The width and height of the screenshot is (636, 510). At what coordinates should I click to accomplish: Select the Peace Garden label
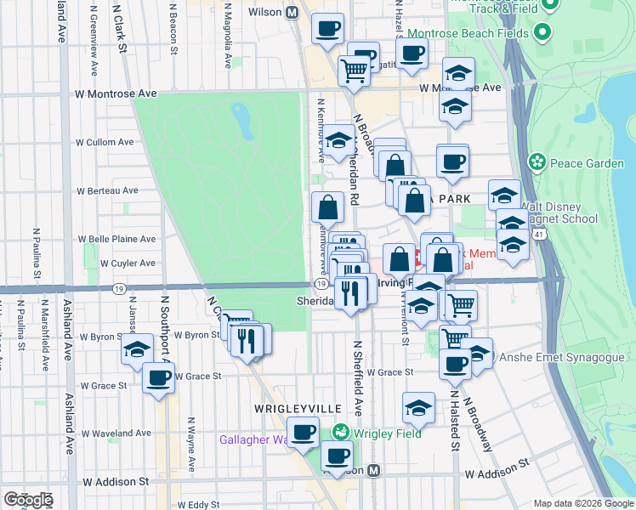click(570, 161)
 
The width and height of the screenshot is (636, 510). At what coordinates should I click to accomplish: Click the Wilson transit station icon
click(292, 13)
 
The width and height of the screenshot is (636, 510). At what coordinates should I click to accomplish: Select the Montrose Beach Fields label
click(469, 34)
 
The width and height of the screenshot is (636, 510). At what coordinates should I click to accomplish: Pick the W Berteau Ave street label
click(107, 191)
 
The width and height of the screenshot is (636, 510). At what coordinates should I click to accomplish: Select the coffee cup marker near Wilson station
click(327, 30)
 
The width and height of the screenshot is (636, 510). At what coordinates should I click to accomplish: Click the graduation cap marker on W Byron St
click(137, 348)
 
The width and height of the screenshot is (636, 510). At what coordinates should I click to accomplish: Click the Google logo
click(28, 500)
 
